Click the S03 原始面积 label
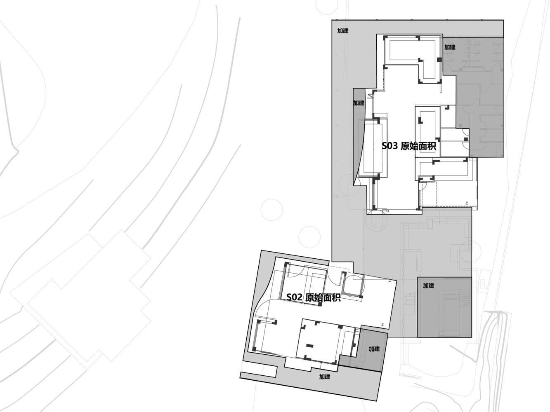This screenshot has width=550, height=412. (408, 146)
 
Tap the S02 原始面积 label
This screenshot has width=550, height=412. (313, 297)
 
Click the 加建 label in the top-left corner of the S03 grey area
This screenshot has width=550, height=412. (342, 31)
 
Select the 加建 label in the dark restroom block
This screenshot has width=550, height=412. (450, 47)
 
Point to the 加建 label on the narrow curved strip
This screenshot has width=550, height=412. (358, 103)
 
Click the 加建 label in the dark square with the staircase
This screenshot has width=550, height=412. (428, 285)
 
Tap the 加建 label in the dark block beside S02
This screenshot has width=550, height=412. (374, 349)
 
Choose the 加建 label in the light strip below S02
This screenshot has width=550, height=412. (324, 377)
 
